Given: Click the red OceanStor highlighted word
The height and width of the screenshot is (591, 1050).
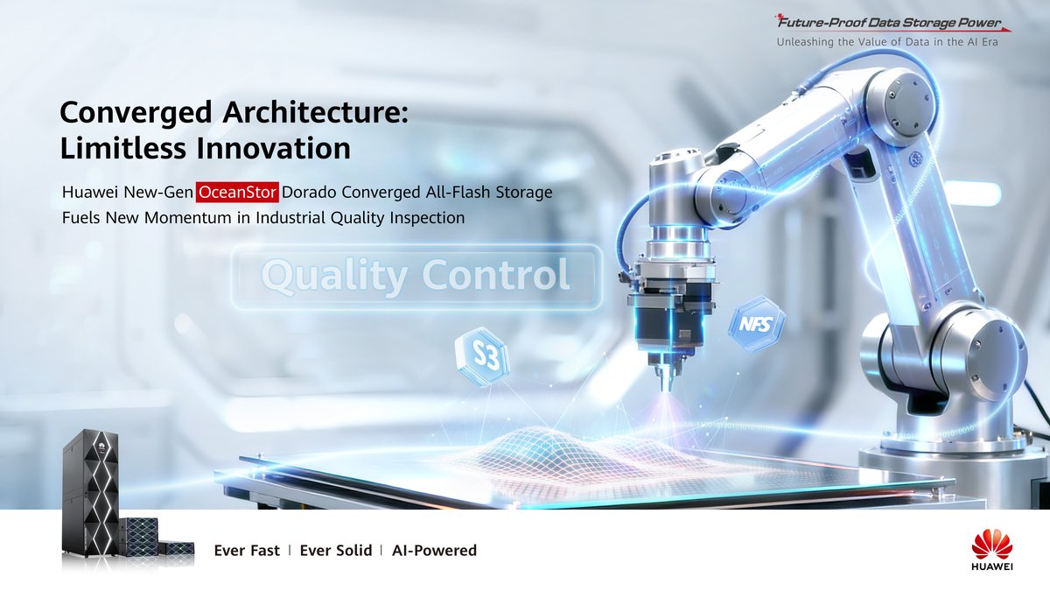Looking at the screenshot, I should (x=238, y=192).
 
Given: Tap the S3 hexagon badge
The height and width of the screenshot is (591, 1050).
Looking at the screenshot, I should (x=481, y=357).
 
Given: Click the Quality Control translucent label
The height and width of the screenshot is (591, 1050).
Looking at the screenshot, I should (x=416, y=277).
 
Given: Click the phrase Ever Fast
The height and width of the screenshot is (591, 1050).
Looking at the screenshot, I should (x=247, y=551).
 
